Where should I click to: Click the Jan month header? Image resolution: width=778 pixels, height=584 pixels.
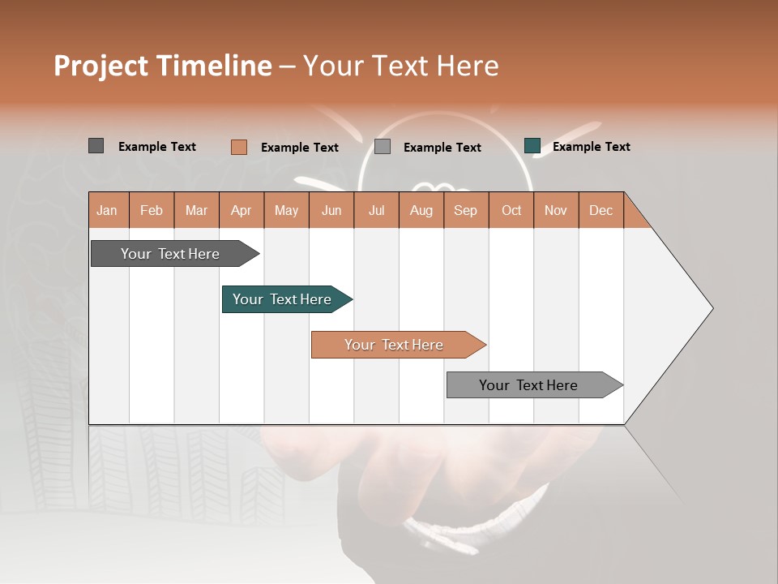point(107,210)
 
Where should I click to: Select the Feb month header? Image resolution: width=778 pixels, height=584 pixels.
point(152,210)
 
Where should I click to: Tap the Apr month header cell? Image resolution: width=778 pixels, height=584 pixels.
point(242,210)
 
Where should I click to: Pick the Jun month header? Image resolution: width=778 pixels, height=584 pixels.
point(331,210)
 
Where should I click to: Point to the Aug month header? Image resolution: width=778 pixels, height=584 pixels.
point(421,210)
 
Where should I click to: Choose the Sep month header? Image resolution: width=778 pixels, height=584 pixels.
point(466,210)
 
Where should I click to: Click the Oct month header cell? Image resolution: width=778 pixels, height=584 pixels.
point(511,210)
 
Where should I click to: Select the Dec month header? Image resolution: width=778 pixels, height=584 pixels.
point(601,210)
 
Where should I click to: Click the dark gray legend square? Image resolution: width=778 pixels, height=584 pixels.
point(96,146)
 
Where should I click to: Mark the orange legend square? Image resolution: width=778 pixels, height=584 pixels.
point(238,147)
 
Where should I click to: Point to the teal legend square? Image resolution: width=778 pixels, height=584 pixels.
point(532,146)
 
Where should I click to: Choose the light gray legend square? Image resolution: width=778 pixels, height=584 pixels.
point(383,147)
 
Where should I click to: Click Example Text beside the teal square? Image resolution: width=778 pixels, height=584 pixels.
point(591,147)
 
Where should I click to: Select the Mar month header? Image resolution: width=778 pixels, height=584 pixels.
point(196,210)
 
